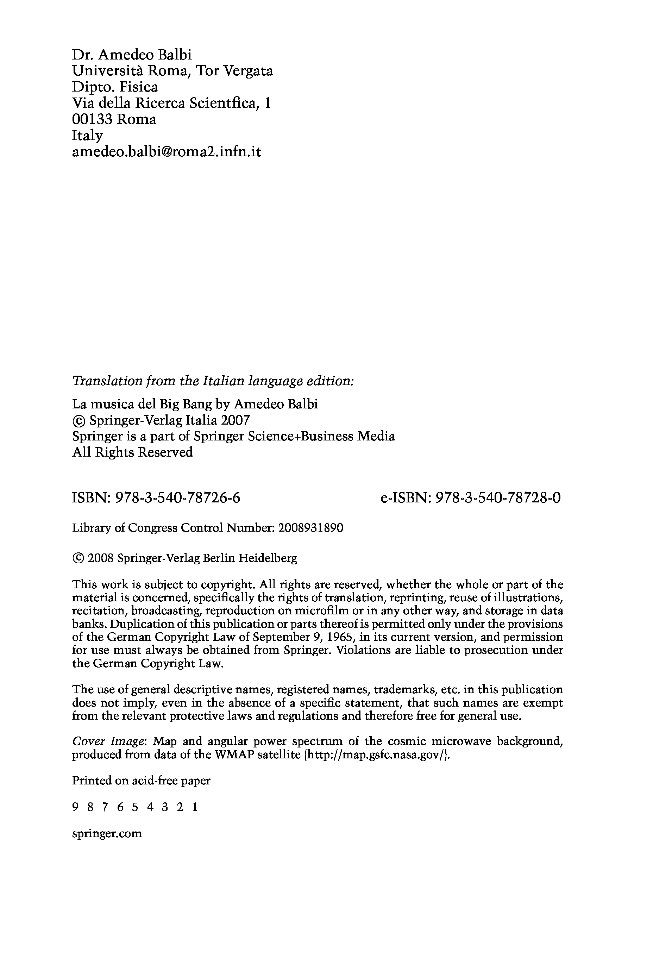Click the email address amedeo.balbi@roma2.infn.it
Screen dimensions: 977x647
(167, 152)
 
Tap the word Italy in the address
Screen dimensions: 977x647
(88, 136)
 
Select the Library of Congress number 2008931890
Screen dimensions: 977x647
(311, 528)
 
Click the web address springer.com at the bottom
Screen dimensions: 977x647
(107, 833)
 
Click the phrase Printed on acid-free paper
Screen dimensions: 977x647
(141, 781)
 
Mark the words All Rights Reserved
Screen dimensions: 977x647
(132, 453)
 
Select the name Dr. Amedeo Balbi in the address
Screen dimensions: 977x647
(132, 55)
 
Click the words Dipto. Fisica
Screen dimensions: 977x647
(115, 87)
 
